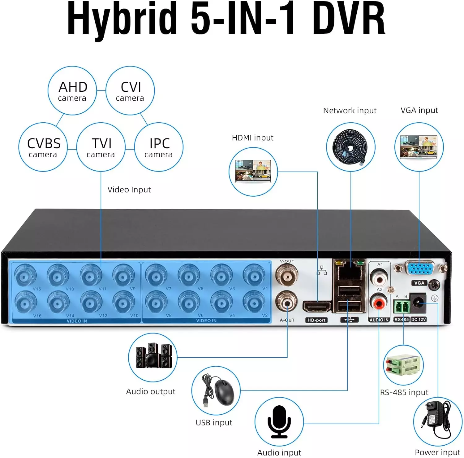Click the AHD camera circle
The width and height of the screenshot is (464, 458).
coord(72,90)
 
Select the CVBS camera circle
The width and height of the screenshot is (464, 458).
coord(43,147)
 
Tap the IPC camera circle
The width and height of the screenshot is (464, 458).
coord(159,147)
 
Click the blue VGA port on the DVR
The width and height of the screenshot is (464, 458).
coord(419,268)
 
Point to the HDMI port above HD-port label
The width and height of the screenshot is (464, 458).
coord(316,307)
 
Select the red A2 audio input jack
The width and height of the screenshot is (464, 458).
coord(379,303)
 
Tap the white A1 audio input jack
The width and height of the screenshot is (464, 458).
coord(379,277)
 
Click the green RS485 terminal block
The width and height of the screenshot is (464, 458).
coord(402,307)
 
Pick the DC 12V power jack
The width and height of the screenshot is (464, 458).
coord(418,302)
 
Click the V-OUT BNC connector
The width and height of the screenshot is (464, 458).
coord(287,274)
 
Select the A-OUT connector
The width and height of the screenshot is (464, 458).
coord(287,302)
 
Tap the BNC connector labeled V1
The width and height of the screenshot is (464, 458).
coord(254,275)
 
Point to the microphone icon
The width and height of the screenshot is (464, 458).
coord(279,421)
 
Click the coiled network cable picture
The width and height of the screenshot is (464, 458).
coord(350,147)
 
